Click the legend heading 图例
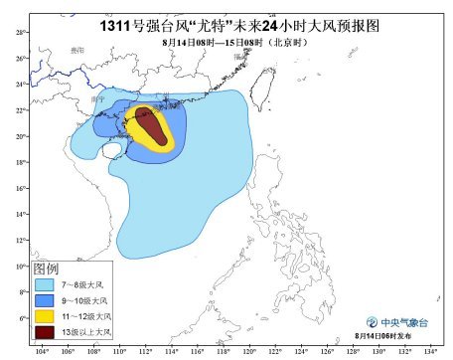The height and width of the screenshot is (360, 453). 47,270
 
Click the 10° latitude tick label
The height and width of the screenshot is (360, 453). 20,267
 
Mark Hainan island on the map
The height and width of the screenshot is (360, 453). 114,152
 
